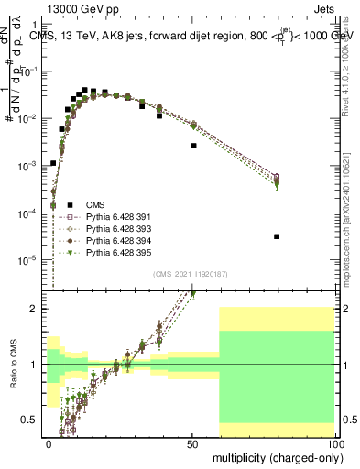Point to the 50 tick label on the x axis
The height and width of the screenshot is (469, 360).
(x=193, y=443)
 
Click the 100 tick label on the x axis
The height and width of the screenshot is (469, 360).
(x=334, y=443)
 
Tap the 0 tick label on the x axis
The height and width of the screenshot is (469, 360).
(x=49, y=443)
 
